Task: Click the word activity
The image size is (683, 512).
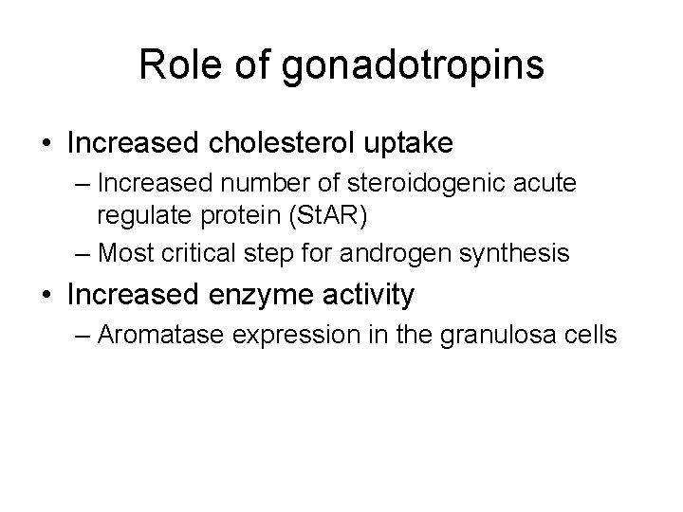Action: point(365,297)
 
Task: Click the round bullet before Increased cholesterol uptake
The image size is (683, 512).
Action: point(46,144)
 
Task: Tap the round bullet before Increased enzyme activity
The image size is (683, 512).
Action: point(46,296)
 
